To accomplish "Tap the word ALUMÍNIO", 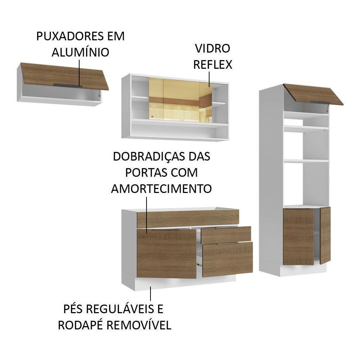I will coord(80,52).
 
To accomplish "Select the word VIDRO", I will coord(212,48).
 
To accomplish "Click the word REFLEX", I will coord(212,64).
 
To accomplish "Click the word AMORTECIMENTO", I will coord(161,188).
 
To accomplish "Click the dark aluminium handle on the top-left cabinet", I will coord(68,85).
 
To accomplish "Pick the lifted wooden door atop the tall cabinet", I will coord(312,94).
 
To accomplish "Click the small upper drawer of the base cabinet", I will coord(226,234).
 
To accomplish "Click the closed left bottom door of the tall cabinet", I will coord(298,236).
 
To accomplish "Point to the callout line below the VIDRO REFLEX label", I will coord(208,79).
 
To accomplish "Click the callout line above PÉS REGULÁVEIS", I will coord(150,293).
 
